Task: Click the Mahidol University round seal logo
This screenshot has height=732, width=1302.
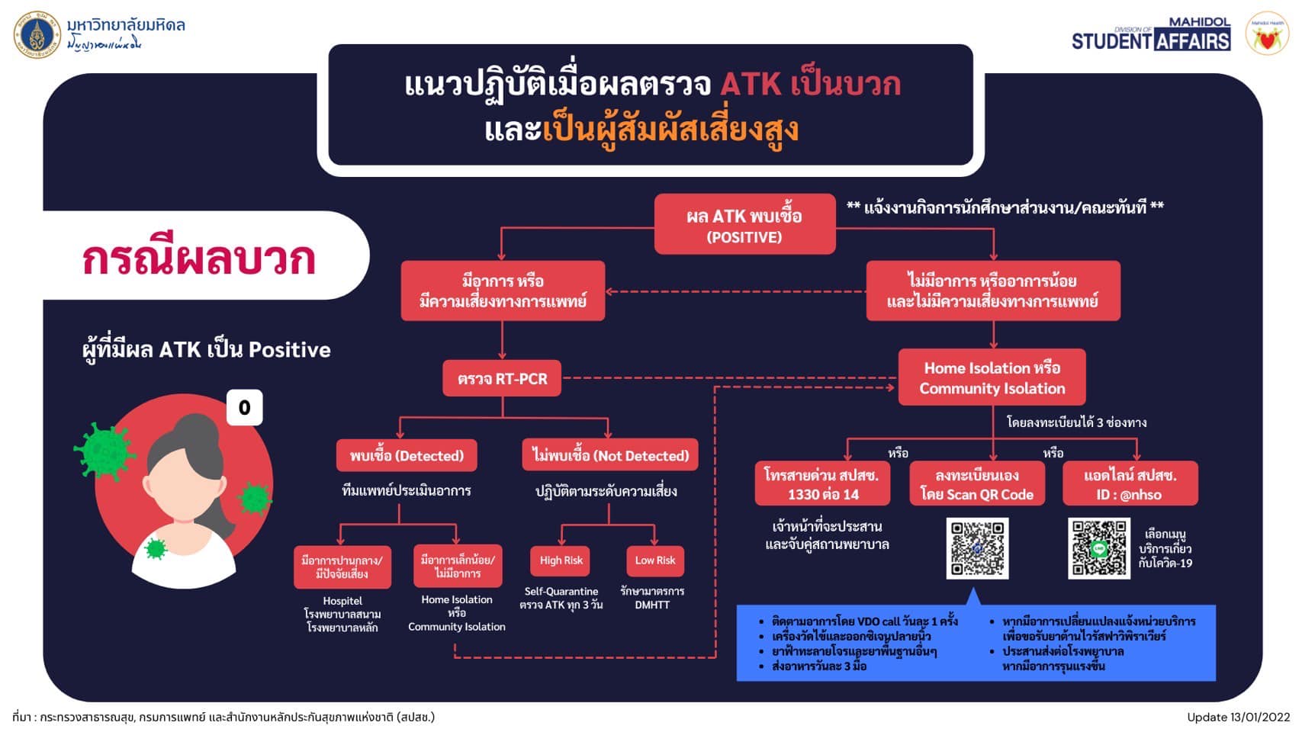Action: click(37, 35)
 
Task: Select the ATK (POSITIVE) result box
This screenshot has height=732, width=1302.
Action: click(744, 225)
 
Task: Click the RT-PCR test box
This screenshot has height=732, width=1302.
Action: click(502, 378)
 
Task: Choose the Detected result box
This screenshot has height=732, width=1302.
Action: click(407, 456)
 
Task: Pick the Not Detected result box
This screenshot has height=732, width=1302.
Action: click(610, 456)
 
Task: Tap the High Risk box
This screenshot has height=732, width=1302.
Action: click(561, 560)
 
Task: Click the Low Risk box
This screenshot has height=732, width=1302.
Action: click(654, 560)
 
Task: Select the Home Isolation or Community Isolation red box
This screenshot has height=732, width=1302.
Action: click(992, 377)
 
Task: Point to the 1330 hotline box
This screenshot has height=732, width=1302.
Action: click(822, 484)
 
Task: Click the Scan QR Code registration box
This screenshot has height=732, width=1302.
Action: click(977, 484)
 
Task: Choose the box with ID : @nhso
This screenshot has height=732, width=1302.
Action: click(1130, 484)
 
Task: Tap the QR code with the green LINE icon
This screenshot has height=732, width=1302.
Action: click(1098, 548)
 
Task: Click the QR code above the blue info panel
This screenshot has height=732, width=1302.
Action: click(977, 548)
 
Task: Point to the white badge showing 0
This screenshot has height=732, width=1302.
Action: click(244, 408)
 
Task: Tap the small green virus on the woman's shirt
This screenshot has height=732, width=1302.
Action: click(156, 547)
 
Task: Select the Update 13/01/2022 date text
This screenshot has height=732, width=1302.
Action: click(1237, 717)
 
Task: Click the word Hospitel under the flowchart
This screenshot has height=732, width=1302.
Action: click(342, 601)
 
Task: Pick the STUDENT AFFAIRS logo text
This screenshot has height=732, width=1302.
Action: click(1150, 40)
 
